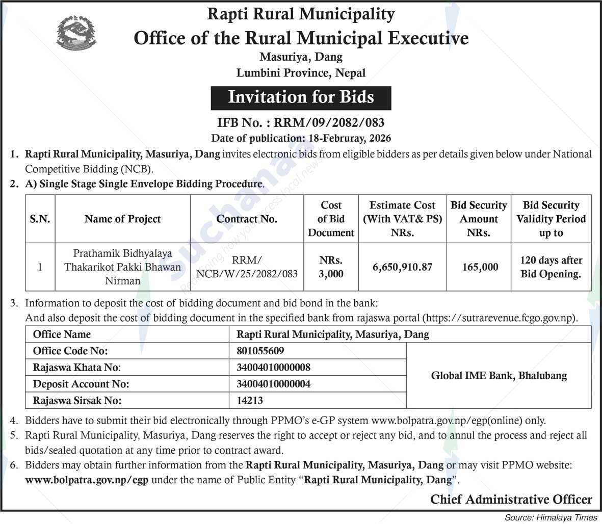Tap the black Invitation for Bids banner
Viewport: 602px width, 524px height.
pos(301,97)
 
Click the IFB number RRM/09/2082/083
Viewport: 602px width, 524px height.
pos(301,122)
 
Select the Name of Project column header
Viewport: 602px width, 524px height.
pos(122,219)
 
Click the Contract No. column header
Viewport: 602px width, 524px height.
pos(247,219)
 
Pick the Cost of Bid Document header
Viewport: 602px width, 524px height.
pos(331,219)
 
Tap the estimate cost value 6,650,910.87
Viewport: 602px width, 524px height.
pos(402,267)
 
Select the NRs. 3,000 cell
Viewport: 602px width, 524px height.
pos(331,267)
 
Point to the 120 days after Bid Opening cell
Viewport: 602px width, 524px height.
pos(551,267)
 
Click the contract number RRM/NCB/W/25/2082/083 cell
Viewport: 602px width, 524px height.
pos(247,267)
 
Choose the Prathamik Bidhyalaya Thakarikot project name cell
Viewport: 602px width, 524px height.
pos(122,267)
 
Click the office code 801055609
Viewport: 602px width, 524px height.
pos(260,351)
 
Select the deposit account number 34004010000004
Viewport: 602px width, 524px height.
pos(273,384)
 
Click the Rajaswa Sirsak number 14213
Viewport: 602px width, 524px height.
pos(250,401)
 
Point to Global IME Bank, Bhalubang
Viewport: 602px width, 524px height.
pos(499,376)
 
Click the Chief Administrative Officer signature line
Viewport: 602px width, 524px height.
pos(511,500)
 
